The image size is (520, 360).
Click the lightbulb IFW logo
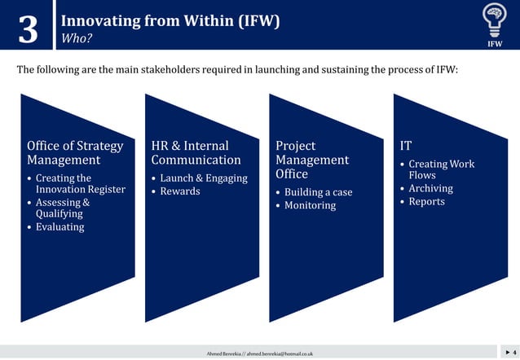tap(494, 24)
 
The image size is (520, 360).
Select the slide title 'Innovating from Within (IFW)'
tap(170, 20)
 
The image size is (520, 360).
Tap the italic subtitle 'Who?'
tap(77, 37)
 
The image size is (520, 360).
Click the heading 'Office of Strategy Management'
tap(75, 152)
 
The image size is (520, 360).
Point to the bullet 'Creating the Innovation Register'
tap(80, 183)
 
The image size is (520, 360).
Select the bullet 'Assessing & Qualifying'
tap(62, 208)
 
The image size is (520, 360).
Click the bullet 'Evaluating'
tap(59, 226)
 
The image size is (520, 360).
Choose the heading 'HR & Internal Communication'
tap(196, 152)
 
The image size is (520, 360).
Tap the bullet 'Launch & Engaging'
tap(203, 178)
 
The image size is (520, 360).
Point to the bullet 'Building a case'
tap(318, 192)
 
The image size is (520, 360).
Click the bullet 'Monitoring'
tap(310, 205)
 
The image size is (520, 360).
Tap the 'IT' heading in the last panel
tap(406, 146)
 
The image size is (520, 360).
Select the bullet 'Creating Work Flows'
tap(440, 169)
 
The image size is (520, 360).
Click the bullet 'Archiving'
tap(430, 188)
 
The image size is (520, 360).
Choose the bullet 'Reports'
tap(426, 201)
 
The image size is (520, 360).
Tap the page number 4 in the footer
tap(513, 352)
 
